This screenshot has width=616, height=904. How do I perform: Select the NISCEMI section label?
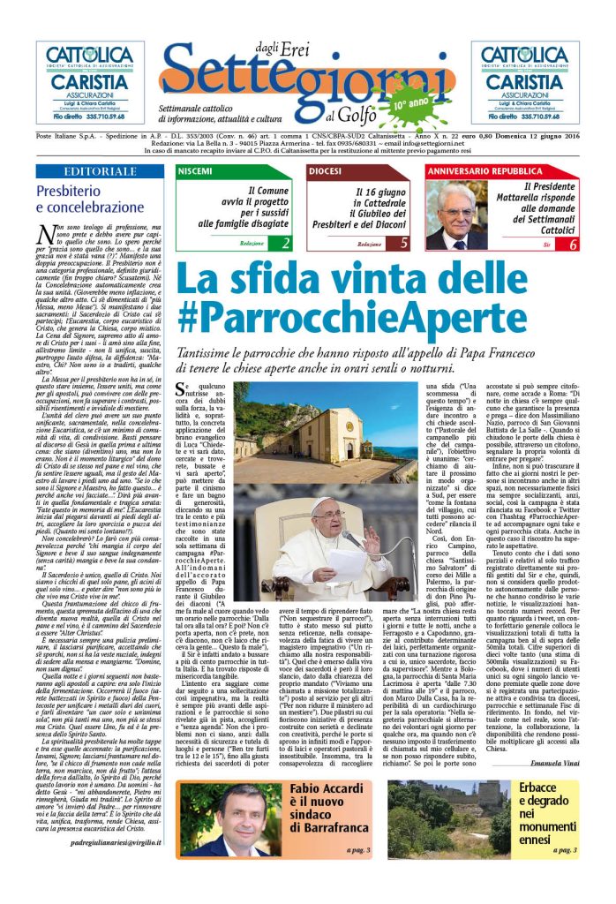coord(195,169)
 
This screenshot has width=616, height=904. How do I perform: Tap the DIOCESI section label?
coord(325,169)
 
